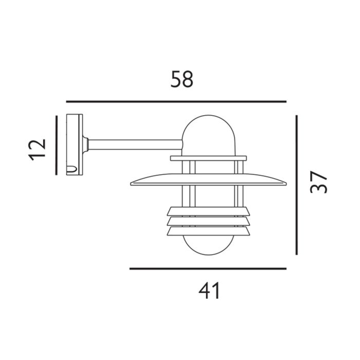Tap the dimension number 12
point(38,149)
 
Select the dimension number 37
point(320,181)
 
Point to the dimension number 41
point(209,291)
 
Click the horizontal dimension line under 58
point(176,101)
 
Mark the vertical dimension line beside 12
point(56,145)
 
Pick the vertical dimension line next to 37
point(297,185)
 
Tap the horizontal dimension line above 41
point(208,268)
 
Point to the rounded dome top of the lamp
point(208,131)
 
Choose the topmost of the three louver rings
point(208,211)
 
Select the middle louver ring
point(208,221)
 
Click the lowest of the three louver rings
point(208,231)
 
